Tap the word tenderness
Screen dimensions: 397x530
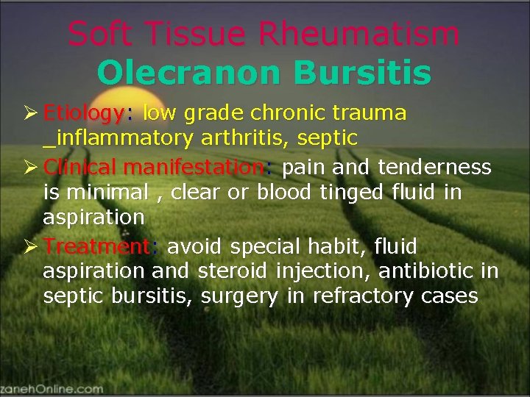click(434, 168)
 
